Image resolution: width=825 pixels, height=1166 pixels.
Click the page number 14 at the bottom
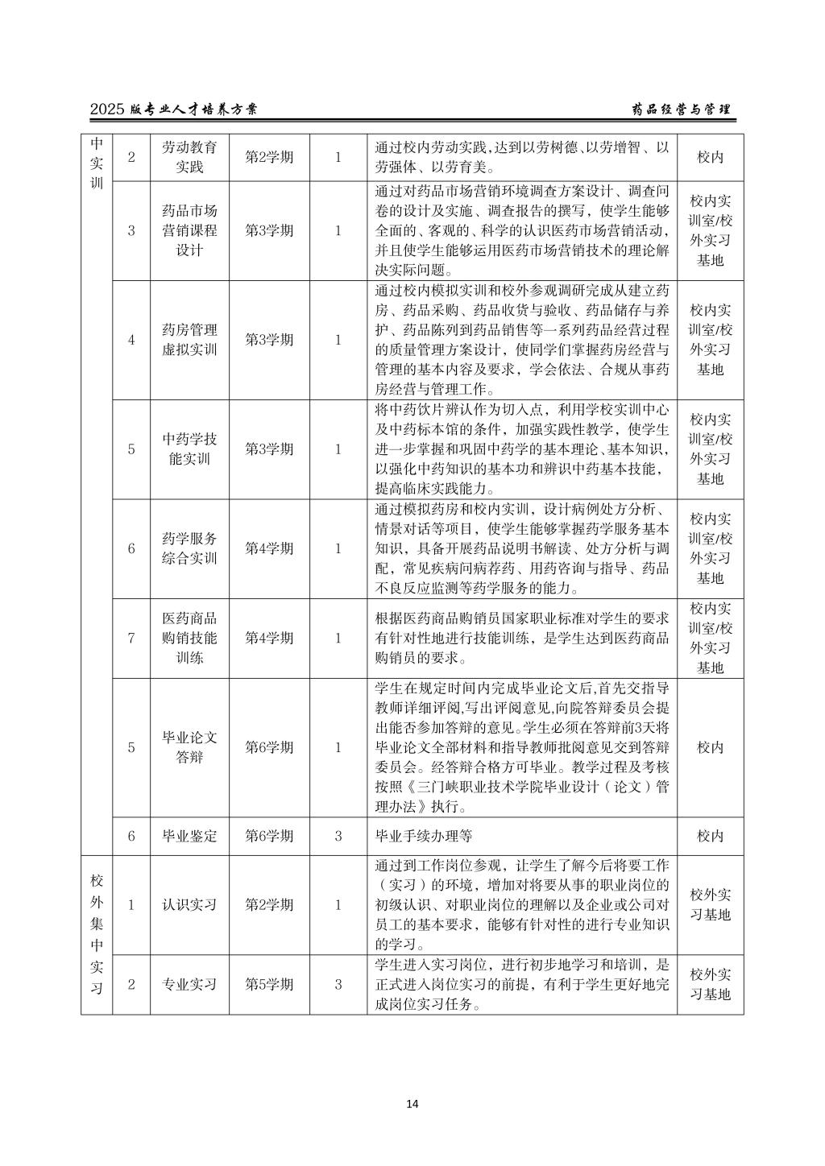412,1103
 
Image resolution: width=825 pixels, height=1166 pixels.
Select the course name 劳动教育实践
189,157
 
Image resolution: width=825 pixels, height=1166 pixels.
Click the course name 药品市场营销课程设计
189,230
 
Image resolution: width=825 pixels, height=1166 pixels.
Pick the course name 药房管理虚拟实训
189,340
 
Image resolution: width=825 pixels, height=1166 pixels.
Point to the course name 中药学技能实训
189,449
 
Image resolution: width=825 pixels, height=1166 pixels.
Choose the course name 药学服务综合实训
189,548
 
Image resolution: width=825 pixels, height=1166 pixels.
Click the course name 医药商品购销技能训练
189,638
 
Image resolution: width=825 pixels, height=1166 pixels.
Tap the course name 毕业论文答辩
189,747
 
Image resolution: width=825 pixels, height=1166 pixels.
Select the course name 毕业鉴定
189,835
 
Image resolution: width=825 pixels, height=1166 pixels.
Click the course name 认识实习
189,904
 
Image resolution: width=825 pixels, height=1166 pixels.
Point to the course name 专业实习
189,984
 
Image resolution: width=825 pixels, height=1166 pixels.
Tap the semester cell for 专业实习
269,984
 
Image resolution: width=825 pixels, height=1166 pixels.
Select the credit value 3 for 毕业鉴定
338,835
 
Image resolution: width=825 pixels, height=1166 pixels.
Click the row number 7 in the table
131,638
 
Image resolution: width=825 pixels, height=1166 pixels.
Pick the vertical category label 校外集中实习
97,934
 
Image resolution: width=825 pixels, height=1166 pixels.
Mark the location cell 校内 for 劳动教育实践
710,157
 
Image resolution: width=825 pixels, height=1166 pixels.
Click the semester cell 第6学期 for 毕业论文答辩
269,747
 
